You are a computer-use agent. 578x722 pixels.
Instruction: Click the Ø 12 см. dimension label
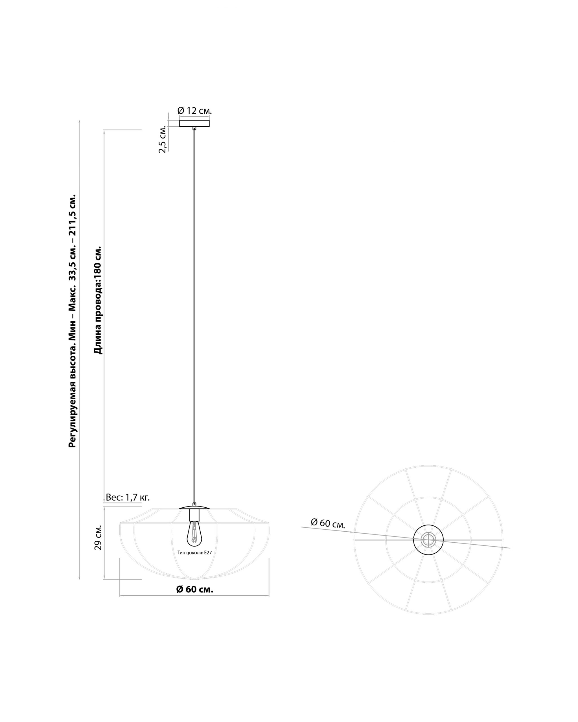pyautogui.click(x=194, y=111)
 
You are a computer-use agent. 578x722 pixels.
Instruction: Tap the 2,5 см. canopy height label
pyautogui.click(x=163, y=140)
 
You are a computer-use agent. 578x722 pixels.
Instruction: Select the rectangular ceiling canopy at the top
pyautogui.click(x=194, y=123)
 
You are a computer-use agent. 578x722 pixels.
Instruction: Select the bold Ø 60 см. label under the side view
pyautogui.click(x=195, y=589)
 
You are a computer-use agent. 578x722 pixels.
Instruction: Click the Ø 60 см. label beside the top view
pyautogui.click(x=328, y=523)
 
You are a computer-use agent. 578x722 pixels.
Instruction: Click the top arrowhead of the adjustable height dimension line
pyautogui.click(x=79, y=122)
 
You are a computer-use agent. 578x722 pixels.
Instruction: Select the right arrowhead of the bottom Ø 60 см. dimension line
pyautogui.click(x=267, y=596)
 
